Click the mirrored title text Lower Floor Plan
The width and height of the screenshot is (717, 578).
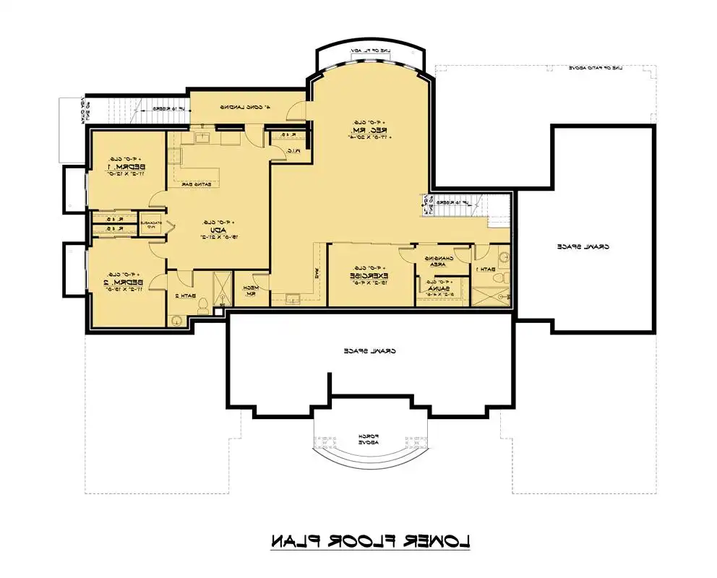tap(370, 540)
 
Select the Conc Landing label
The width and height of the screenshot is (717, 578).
tap(246, 108)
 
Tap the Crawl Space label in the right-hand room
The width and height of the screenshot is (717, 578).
tap(583, 246)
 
